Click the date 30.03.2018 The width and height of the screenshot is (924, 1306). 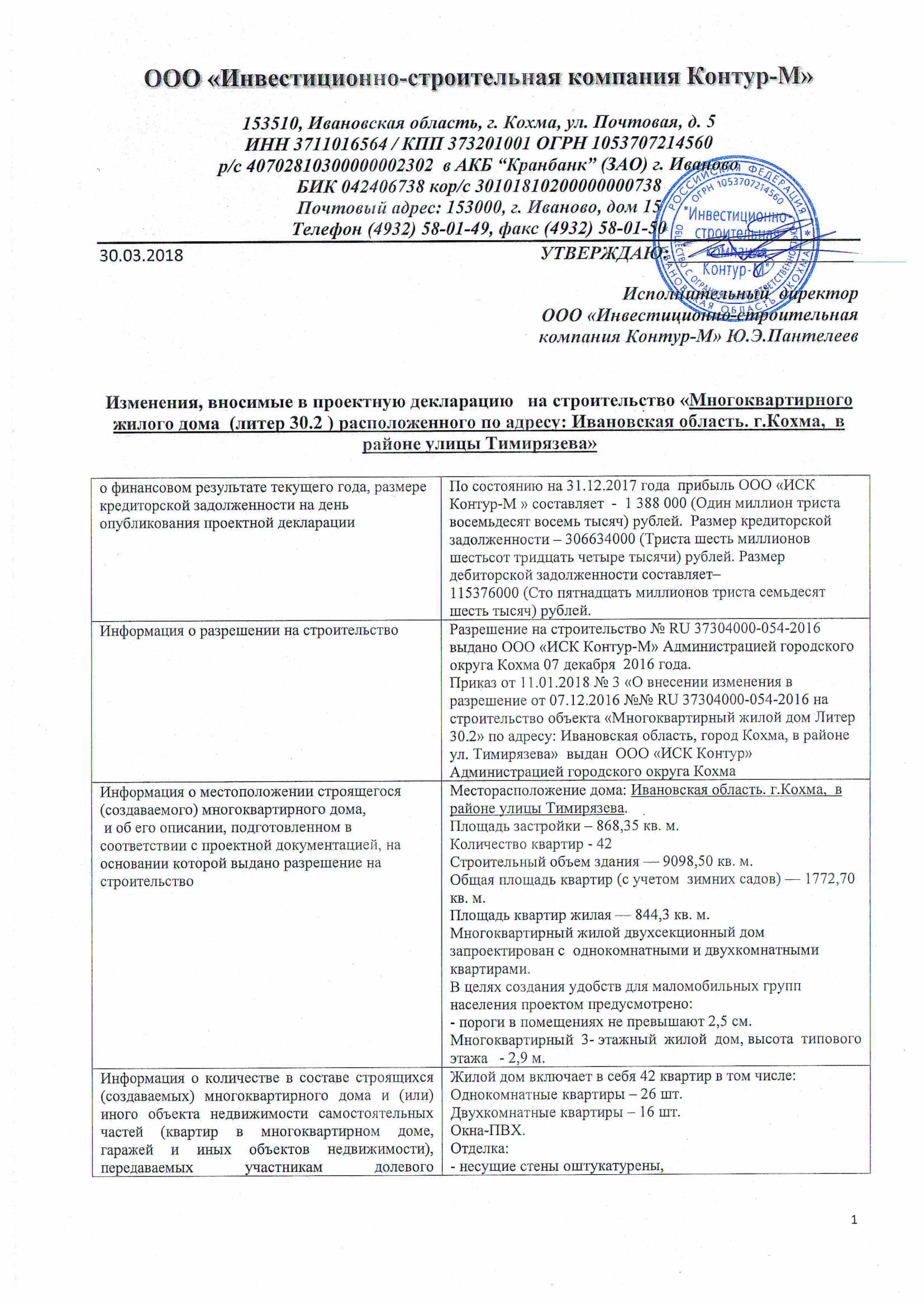point(142,255)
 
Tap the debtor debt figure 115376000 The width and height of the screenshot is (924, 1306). point(484,593)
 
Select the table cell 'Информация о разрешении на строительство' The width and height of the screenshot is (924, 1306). point(249,631)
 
